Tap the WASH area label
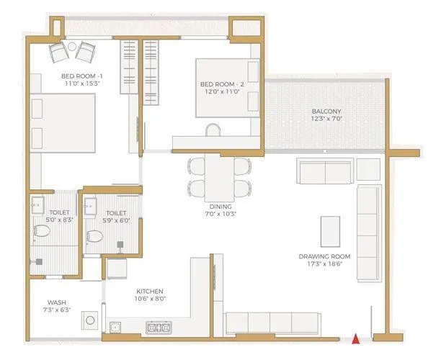[58, 303]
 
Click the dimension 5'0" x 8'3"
[59, 222]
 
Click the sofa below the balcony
[324, 172]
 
